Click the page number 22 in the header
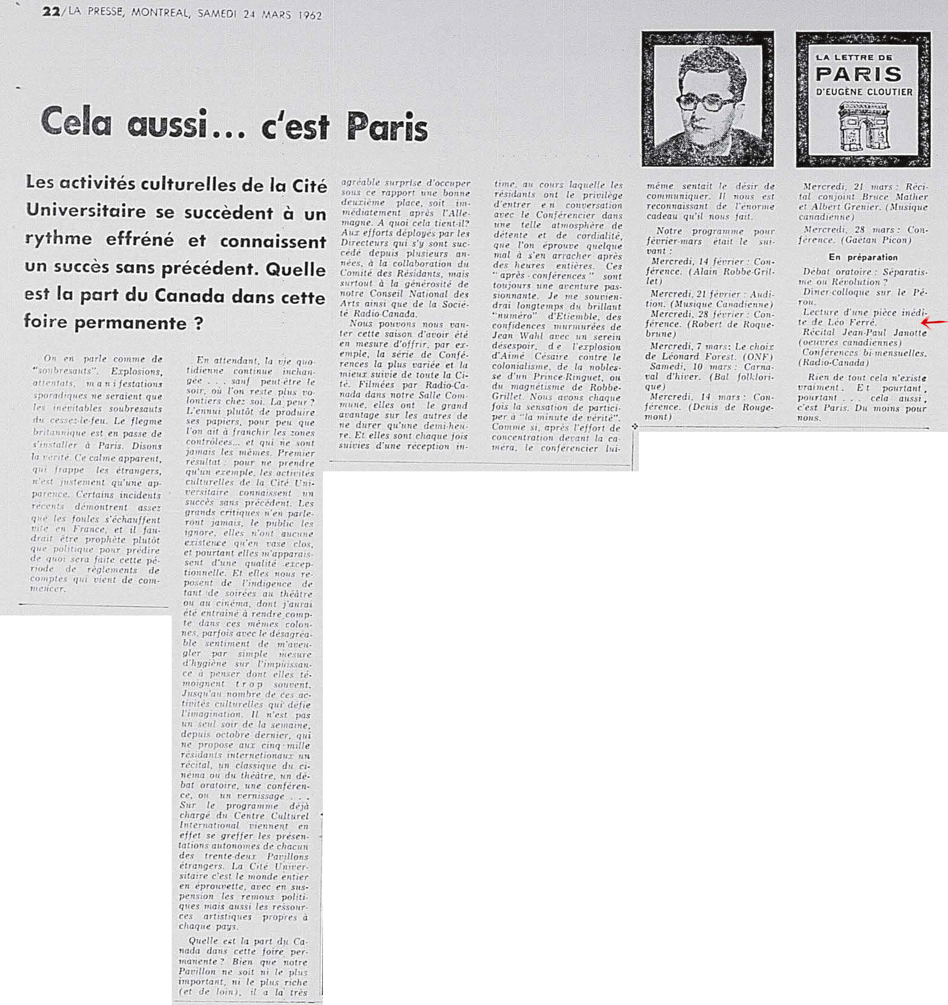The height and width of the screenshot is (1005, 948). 51,11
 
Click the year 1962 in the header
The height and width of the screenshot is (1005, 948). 310,15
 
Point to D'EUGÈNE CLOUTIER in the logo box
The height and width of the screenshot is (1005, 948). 864,92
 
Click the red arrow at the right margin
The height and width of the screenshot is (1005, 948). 934,323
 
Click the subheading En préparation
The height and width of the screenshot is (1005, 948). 863,257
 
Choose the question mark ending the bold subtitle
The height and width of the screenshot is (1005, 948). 198,323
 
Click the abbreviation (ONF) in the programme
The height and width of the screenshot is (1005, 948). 757,357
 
